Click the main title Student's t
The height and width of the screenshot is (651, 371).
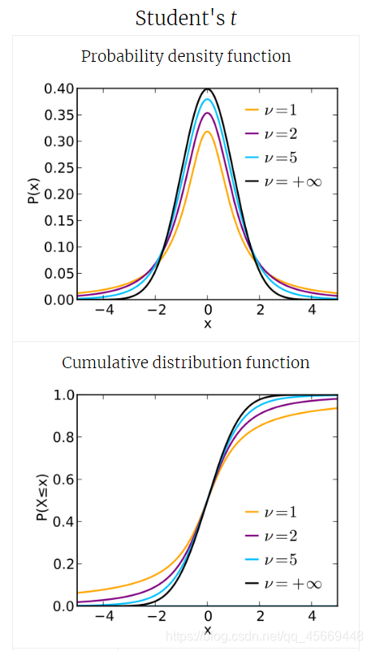186,18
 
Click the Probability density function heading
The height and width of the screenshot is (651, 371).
186,57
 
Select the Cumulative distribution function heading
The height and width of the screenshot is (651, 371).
186,362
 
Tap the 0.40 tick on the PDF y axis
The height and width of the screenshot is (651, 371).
59,89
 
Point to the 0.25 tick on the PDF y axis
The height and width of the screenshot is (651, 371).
59,167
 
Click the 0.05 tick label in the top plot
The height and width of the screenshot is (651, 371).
59,273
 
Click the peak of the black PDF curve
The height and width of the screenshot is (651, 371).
208,89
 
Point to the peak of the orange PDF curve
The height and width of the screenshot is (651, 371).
208,132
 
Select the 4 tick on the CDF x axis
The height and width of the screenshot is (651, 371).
312,616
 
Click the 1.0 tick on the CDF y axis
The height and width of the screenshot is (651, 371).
64,395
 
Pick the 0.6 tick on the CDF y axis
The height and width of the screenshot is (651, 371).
64,480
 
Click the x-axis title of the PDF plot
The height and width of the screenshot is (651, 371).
208,323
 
